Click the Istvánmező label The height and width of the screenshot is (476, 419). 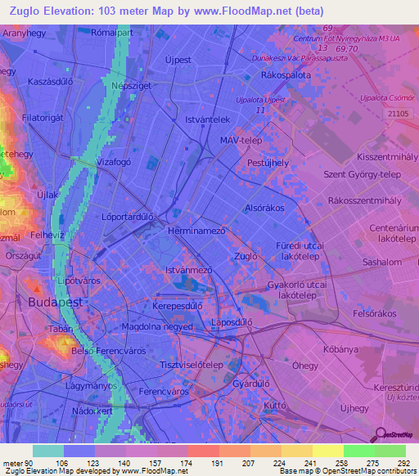click(x=189, y=269)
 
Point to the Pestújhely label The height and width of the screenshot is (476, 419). click(x=268, y=164)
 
